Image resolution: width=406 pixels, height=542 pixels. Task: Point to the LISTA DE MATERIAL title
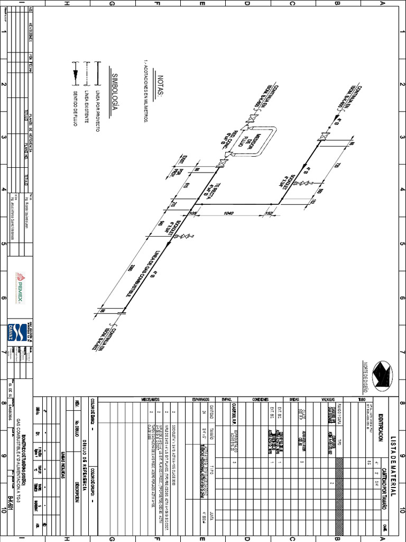coord(392,455)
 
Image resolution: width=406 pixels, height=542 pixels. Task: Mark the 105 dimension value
coord(193,213)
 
